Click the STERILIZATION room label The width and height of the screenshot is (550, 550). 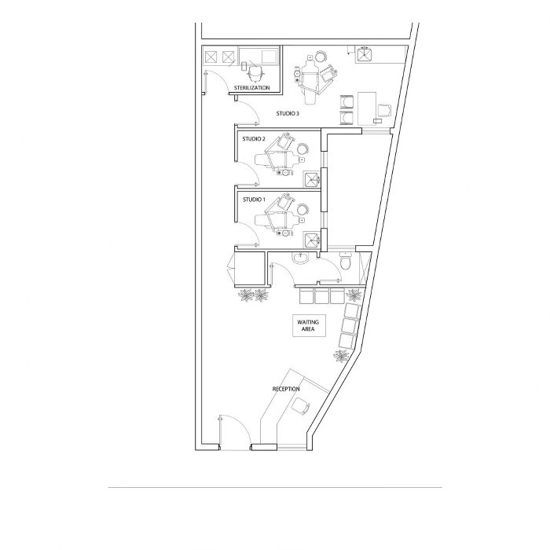click(252, 88)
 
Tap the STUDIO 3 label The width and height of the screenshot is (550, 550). click(288, 114)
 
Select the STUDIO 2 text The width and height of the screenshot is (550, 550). click(254, 139)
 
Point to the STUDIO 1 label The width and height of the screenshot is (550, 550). click(254, 200)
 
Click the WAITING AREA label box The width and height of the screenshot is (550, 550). click(309, 325)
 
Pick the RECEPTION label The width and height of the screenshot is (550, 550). click(286, 389)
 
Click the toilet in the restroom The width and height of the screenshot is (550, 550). click(346, 262)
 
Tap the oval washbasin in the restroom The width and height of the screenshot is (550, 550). click(300, 258)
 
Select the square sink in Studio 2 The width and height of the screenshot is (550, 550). click(311, 180)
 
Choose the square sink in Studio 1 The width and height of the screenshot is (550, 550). click(311, 240)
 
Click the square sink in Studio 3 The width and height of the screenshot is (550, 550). click(365, 54)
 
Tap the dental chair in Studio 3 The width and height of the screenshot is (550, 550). click(310, 79)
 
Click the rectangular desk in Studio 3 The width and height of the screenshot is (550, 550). click(367, 108)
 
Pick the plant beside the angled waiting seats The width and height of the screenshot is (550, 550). click(341, 356)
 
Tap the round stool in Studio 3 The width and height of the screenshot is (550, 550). click(321, 57)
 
